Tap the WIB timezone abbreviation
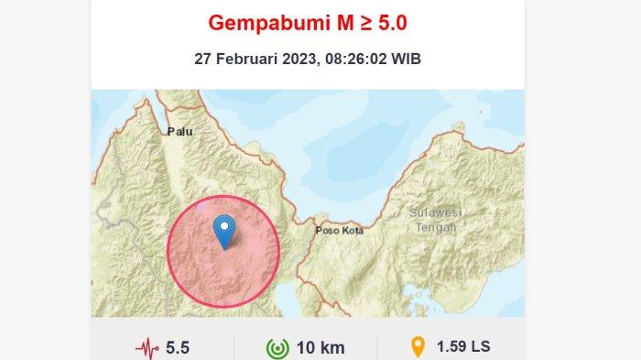(407, 59)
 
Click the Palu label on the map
(179, 132)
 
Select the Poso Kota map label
(339, 231)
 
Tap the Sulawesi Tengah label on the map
(435, 220)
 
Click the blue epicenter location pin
(223, 230)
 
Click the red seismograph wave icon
(147, 348)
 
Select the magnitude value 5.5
(178, 348)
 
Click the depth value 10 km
(320, 348)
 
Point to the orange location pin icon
(418, 347)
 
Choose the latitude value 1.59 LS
(463, 347)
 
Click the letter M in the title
(336, 21)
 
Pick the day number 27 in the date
(203, 59)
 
